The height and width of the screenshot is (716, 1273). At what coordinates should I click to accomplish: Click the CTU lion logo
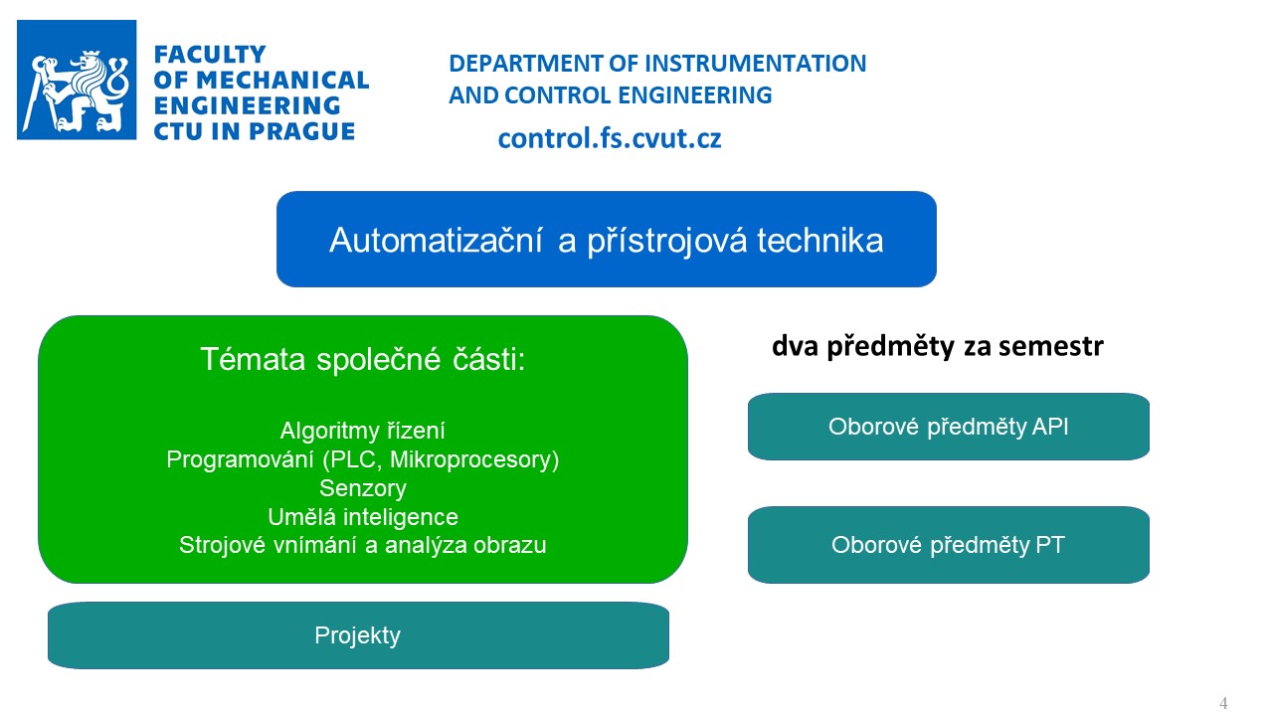[x=77, y=81]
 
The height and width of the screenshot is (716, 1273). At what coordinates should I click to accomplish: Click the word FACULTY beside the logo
[x=210, y=55]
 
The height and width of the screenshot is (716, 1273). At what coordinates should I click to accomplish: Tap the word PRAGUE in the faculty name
[x=301, y=131]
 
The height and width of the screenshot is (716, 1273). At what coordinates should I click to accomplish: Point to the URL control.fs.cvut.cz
[x=610, y=138]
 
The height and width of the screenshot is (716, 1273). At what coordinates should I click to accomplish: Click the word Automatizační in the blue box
[x=436, y=240]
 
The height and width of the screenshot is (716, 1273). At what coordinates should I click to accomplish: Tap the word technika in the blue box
[x=820, y=240]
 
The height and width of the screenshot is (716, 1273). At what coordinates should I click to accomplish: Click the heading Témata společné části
[x=363, y=359]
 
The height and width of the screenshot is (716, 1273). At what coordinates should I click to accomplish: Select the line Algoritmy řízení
[x=363, y=431]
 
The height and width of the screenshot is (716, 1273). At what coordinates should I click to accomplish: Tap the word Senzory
[x=363, y=488]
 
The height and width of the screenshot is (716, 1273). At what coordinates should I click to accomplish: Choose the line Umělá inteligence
[x=363, y=517]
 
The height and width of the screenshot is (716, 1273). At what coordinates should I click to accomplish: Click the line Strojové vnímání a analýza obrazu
[x=363, y=545]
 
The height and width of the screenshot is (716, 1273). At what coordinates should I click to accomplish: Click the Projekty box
[x=358, y=635]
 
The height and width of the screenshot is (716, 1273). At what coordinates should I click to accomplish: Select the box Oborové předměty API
[x=949, y=427]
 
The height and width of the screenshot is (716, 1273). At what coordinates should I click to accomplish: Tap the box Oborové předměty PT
[x=949, y=545]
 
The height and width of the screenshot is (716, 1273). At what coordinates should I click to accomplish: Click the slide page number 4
[x=1223, y=703]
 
